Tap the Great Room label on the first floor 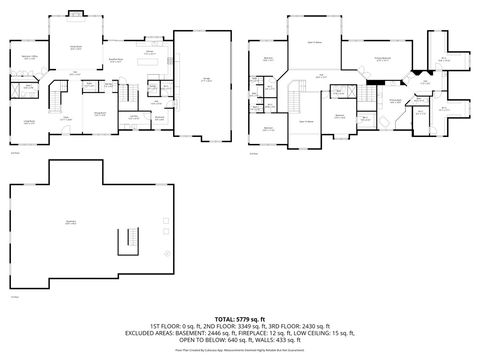pos(75,47)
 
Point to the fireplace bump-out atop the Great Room pos(76,14)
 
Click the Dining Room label pos(100,115)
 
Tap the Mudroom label pos(159,116)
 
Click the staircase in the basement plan pos(128,240)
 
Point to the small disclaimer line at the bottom pos(240,350)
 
